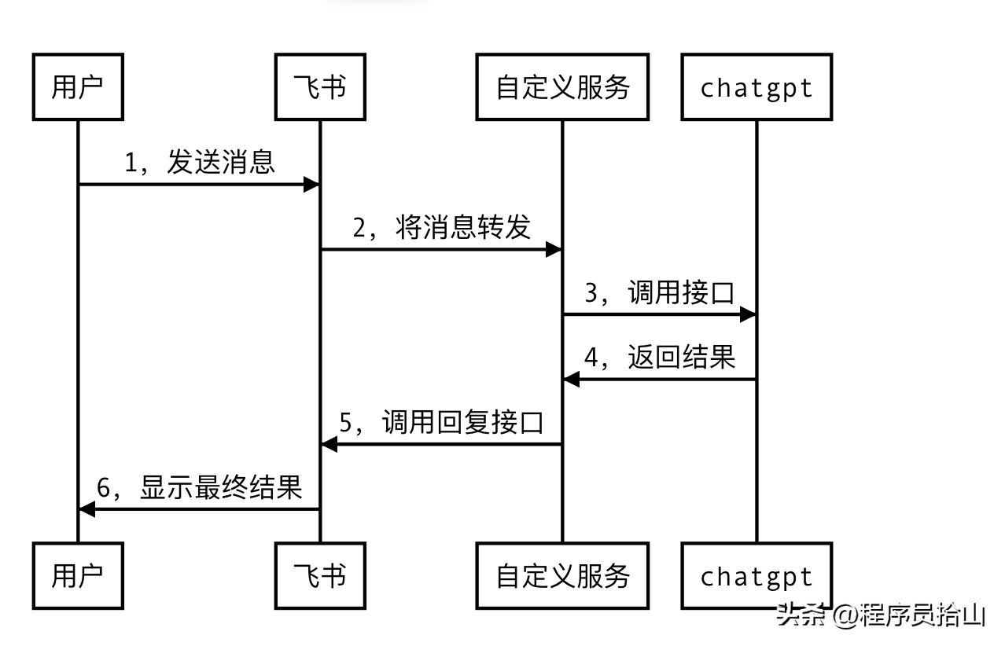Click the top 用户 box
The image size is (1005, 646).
point(77,87)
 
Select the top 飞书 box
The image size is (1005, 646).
point(319,87)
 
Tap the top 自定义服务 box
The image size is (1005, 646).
point(562,87)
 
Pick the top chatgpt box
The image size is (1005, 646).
point(757,87)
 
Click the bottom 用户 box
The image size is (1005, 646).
point(77,576)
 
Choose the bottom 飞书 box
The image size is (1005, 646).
point(319,576)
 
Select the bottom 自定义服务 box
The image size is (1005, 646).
point(562,576)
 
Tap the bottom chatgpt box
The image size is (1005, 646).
point(757,576)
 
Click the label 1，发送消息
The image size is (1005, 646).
point(200,162)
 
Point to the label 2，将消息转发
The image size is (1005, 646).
point(441,227)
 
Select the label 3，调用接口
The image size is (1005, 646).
point(659,292)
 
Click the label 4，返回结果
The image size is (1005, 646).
point(659,358)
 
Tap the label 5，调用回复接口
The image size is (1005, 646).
point(441,422)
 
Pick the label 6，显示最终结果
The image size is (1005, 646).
point(200,487)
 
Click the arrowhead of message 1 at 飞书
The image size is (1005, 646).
point(311,185)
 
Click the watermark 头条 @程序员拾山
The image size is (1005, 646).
point(880,615)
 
